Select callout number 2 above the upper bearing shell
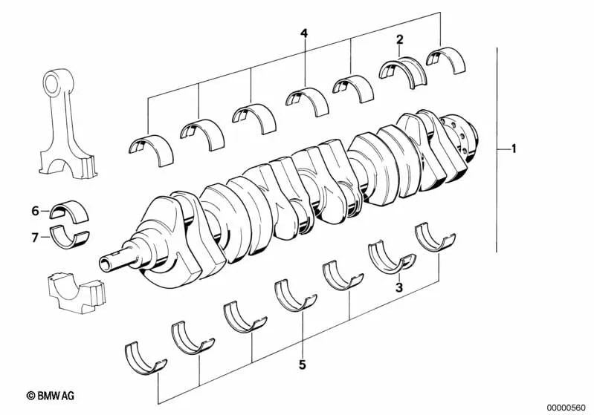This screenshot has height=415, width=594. coord(400,39)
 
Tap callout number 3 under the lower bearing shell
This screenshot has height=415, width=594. coord(398,287)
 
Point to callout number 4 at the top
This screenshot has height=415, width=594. coord(303,33)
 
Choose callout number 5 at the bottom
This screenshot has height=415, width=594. coord(302,365)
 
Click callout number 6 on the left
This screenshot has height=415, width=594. coord(35,212)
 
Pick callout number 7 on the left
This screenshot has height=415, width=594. coord(35,238)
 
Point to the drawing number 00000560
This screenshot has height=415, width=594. coord(566,407)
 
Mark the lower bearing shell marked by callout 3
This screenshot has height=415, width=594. coord(392,257)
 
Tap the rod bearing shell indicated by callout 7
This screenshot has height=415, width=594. coord(68,239)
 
